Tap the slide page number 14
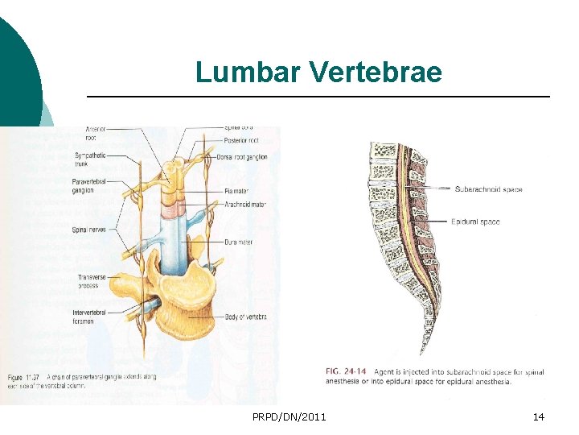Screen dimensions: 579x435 tap(539, 416)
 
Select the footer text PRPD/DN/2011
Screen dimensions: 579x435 tap(289, 416)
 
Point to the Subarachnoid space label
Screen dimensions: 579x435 tap(488, 189)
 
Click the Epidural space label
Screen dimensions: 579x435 tap(474, 222)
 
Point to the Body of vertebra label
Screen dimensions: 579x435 tap(246, 317)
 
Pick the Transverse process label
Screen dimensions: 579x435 tap(89, 281)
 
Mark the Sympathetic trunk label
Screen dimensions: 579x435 tap(87, 159)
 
